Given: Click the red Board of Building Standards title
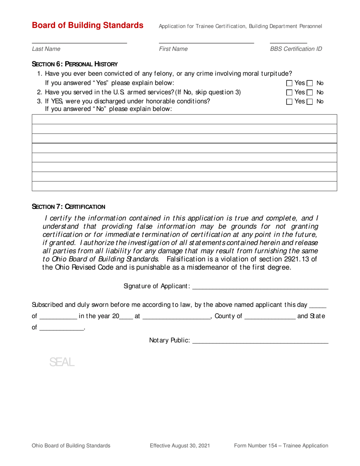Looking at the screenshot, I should [x=88, y=25].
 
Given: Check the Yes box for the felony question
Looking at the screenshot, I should [x=290, y=83].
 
